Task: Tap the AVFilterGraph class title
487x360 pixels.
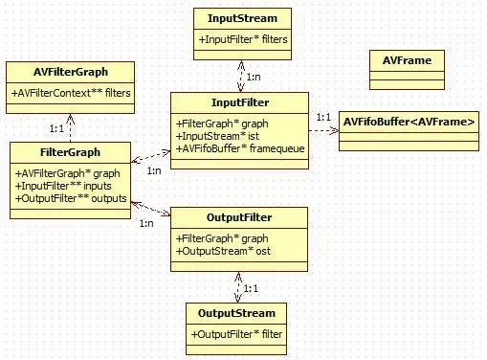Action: point(69,71)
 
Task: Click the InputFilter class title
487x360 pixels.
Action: point(239,102)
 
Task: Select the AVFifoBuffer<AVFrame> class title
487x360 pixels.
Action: point(408,122)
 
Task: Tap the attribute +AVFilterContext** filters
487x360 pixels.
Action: point(71,93)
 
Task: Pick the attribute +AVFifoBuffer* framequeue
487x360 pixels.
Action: point(239,148)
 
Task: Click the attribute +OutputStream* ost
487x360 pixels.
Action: point(227,251)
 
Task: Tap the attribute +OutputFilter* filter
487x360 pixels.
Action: point(236,334)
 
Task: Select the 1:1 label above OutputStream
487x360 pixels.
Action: point(251,286)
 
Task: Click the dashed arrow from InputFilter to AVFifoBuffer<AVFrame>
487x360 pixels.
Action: point(323,131)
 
